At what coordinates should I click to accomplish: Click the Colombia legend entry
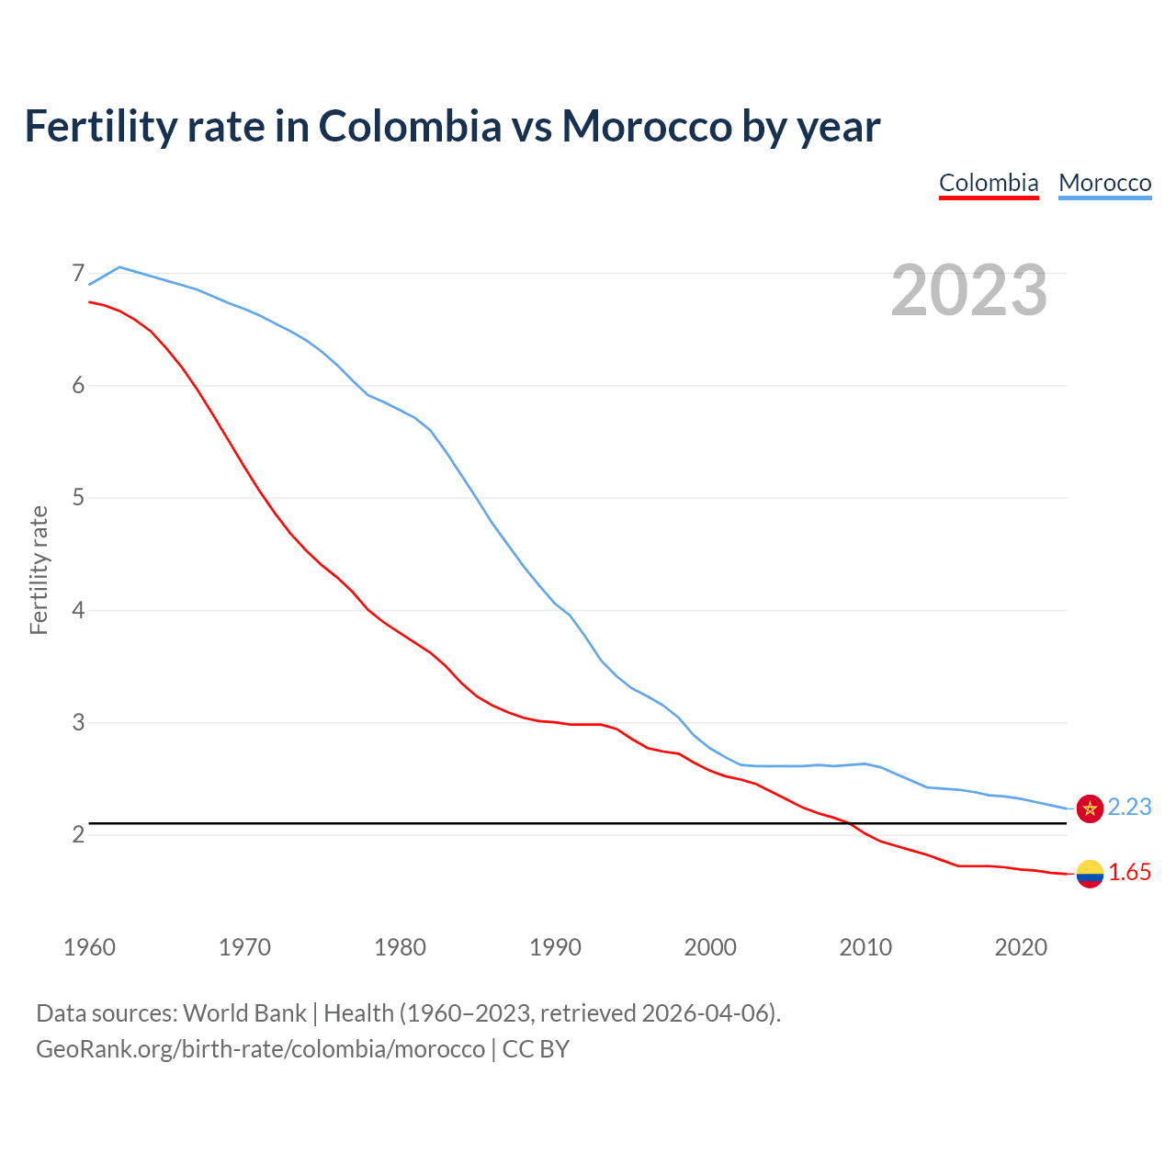pos(989,183)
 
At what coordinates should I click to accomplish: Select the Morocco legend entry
pos(1104,183)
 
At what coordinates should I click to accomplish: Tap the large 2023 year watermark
pos(969,290)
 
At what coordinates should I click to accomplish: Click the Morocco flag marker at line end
pos(1090,808)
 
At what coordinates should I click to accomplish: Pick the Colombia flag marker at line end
pos(1090,874)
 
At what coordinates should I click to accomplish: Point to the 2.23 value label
pos(1129,807)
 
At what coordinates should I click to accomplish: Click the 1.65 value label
pos(1129,873)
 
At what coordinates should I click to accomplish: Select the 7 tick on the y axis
pos(78,274)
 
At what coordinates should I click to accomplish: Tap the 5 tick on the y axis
pos(78,498)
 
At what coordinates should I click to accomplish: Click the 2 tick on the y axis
pos(78,834)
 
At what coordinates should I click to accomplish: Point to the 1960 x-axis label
pos(89,947)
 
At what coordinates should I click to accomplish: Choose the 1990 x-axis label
pos(555,947)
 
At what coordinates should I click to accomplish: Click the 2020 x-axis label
pos(1021,947)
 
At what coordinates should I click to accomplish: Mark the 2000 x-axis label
pos(710,947)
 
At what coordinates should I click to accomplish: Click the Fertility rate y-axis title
pos(39,570)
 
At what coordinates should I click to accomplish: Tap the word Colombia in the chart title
pos(410,126)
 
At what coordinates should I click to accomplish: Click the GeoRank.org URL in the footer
pos(260,1049)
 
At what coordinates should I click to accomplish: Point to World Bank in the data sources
pos(244,1013)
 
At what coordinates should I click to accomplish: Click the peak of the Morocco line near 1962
pos(119,266)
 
